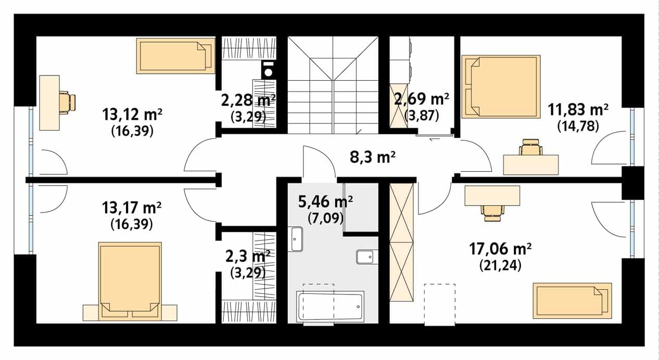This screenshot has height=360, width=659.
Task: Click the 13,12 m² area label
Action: (x=132, y=114)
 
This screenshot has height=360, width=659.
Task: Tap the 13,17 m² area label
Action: (x=132, y=208)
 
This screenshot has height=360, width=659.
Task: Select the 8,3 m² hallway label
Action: (x=373, y=157)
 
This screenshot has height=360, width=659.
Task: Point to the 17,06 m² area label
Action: (x=500, y=249)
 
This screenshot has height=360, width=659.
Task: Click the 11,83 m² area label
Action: (x=578, y=110)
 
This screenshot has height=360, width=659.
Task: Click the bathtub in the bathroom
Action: (x=330, y=306)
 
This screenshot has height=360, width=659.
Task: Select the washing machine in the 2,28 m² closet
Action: (x=269, y=70)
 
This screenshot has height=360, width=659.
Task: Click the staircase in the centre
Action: (x=333, y=85)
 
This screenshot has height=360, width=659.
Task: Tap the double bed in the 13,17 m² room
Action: (x=130, y=281)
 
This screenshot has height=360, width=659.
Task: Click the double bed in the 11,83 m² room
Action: (x=501, y=87)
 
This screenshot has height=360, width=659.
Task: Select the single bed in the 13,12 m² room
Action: (x=175, y=56)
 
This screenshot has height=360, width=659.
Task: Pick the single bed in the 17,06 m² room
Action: (x=573, y=301)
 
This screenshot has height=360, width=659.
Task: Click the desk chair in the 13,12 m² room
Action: (x=67, y=102)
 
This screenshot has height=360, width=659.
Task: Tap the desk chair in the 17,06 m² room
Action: (x=492, y=213)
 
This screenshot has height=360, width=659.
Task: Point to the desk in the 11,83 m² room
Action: (x=531, y=165)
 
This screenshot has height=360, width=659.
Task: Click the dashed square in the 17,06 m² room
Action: (x=439, y=304)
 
